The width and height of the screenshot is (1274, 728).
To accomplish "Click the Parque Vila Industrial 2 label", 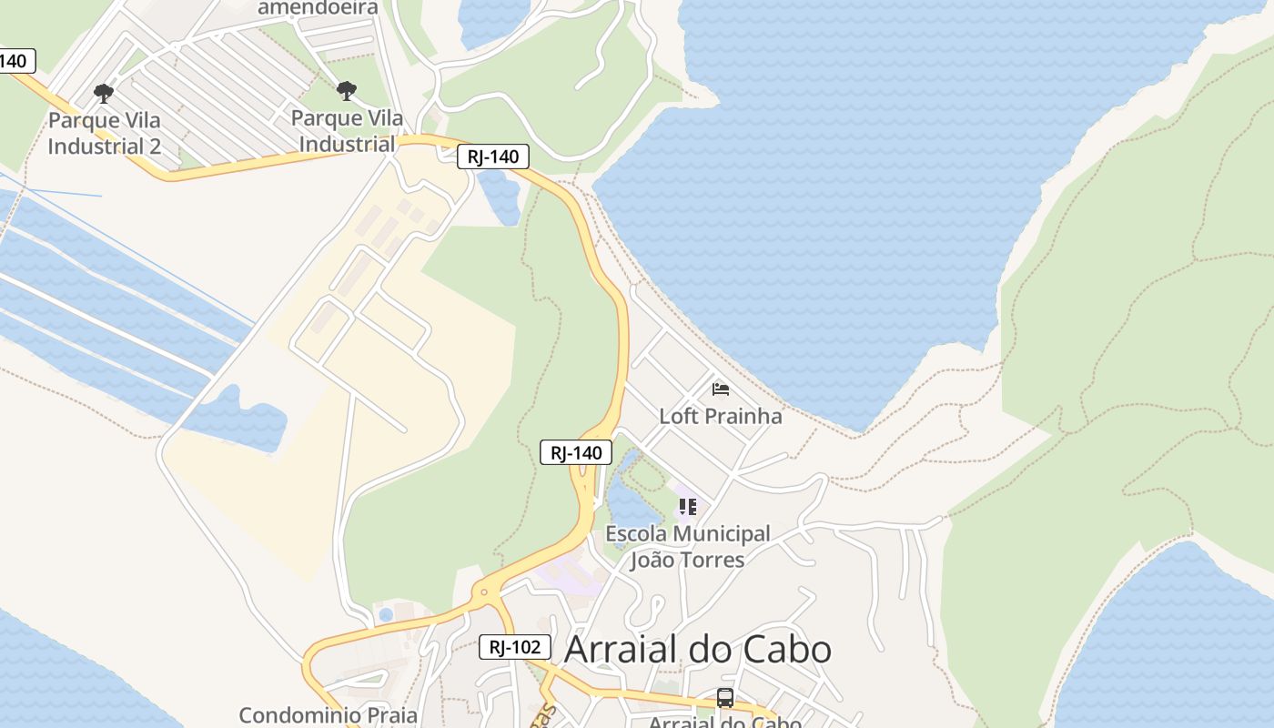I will pyautogui.click(x=105, y=133).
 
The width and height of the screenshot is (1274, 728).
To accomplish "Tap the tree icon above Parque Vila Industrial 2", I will pyautogui.click(x=104, y=93).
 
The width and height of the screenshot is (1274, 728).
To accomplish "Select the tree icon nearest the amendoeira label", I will pyautogui.click(x=346, y=90).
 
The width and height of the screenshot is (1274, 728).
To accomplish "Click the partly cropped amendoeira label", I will pyautogui.click(x=318, y=8).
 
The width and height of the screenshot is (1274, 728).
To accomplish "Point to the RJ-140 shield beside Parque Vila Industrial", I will pyautogui.click(x=492, y=157).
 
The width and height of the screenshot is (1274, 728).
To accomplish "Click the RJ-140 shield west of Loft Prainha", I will pyautogui.click(x=576, y=452).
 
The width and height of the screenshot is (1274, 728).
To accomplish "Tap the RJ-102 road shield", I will pyautogui.click(x=515, y=647).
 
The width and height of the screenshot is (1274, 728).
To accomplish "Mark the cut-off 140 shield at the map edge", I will pyautogui.click(x=15, y=61).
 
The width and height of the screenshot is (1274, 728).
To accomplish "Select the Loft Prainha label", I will pyautogui.click(x=720, y=416).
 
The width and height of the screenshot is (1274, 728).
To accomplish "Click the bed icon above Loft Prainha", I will pyautogui.click(x=721, y=389).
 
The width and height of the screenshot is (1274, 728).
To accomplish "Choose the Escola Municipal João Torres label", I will pyautogui.click(x=687, y=546).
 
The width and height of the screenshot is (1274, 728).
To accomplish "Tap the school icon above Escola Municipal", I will pyautogui.click(x=687, y=506).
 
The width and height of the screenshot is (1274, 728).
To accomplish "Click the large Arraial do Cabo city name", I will pyautogui.click(x=698, y=649).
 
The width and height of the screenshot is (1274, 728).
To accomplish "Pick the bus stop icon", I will pyautogui.click(x=724, y=698).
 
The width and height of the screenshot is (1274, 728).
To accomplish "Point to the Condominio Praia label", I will pyautogui.click(x=328, y=715).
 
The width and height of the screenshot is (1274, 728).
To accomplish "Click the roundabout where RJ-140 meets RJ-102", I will pyautogui.click(x=483, y=593).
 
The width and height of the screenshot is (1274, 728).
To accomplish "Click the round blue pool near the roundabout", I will pyautogui.click(x=386, y=614).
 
